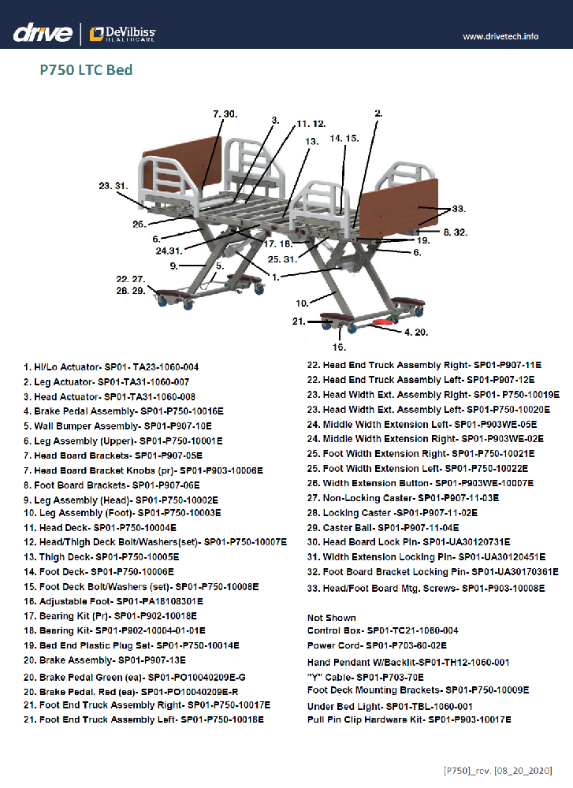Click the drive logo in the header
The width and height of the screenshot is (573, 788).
(43, 33)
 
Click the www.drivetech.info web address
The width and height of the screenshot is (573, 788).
(500, 36)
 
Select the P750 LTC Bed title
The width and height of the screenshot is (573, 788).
(86, 70)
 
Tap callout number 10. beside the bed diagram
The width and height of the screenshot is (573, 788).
(302, 303)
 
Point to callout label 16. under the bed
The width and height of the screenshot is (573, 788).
(339, 347)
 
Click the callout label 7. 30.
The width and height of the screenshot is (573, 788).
(225, 114)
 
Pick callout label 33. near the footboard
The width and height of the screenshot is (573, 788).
(458, 210)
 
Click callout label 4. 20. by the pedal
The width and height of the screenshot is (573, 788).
(416, 332)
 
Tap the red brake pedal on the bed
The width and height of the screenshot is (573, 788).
(384, 322)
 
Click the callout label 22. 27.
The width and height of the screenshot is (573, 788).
(131, 279)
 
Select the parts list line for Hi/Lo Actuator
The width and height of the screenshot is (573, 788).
(110, 366)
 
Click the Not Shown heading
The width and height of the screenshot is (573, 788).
(332, 618)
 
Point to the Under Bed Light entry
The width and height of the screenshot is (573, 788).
(390, 706)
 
